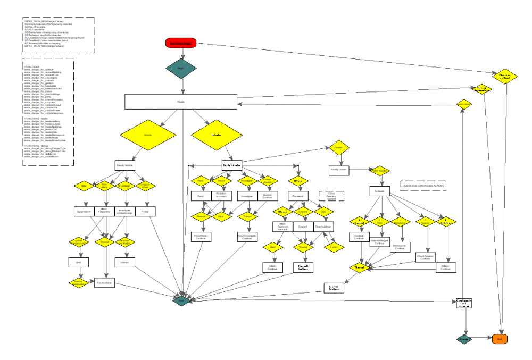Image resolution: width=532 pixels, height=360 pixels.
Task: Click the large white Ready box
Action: click(x=181, y=102)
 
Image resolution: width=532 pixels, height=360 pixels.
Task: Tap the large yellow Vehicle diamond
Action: click(x=147, y=135)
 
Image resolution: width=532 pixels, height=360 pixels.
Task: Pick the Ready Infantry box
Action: click(x=232, y=165)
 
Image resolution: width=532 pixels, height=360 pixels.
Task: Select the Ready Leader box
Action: click(x=339, y=170)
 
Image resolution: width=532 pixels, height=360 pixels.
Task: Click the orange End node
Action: click(x=499, y=338)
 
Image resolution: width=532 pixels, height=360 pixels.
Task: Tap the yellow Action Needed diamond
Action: click(x=379, y=171)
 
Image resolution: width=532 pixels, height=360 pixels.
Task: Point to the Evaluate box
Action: click(x=380, y=190)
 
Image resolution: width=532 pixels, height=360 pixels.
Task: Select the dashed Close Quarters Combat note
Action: click(x=331, y=195)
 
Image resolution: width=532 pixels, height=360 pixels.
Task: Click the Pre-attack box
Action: click(x=297, y=196)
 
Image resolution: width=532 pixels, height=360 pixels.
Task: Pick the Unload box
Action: click(x=126, y=263)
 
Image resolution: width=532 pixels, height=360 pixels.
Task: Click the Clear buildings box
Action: click(x=323, y=227)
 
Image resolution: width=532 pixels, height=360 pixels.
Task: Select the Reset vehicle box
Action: click(x=105, y=283)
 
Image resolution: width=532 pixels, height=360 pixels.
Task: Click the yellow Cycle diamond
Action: click(x=334, y=247)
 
